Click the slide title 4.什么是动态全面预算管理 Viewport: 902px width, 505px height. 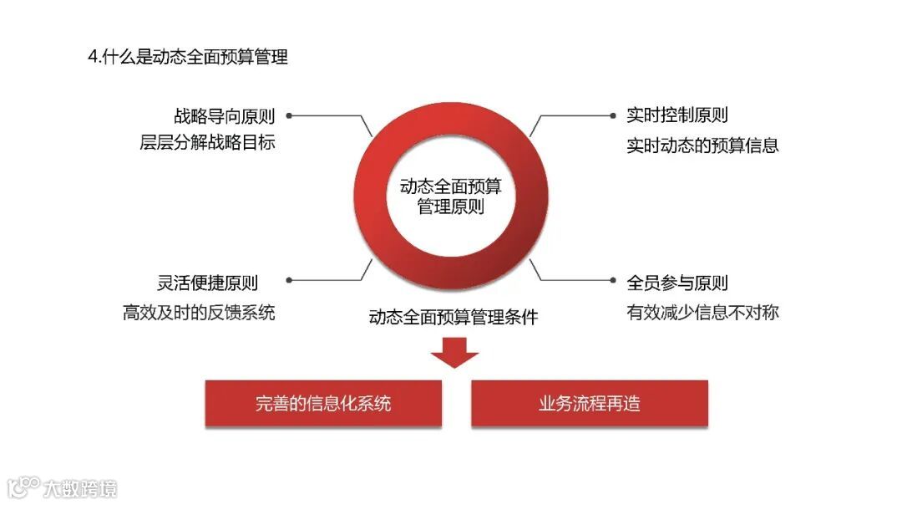(188, 57)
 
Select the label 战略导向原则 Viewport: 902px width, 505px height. (225, 115)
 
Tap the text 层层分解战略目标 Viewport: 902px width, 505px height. (207, 142)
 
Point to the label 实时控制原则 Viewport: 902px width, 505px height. (677, 115)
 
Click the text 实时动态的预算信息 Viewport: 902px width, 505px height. (702, 145)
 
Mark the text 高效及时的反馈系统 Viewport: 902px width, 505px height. (199, 313)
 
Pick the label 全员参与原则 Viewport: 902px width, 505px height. (677, 283)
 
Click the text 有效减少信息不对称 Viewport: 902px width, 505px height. (702, 313)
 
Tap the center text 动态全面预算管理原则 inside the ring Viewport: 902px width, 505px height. (451, 196)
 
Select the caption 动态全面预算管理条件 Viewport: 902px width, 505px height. (454, 317)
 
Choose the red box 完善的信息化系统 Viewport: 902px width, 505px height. (323, 404)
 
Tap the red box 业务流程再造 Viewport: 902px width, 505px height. (590, 404)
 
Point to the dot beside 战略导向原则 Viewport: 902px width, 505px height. (290, 115)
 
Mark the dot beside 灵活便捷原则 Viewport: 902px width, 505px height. (290, 283)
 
